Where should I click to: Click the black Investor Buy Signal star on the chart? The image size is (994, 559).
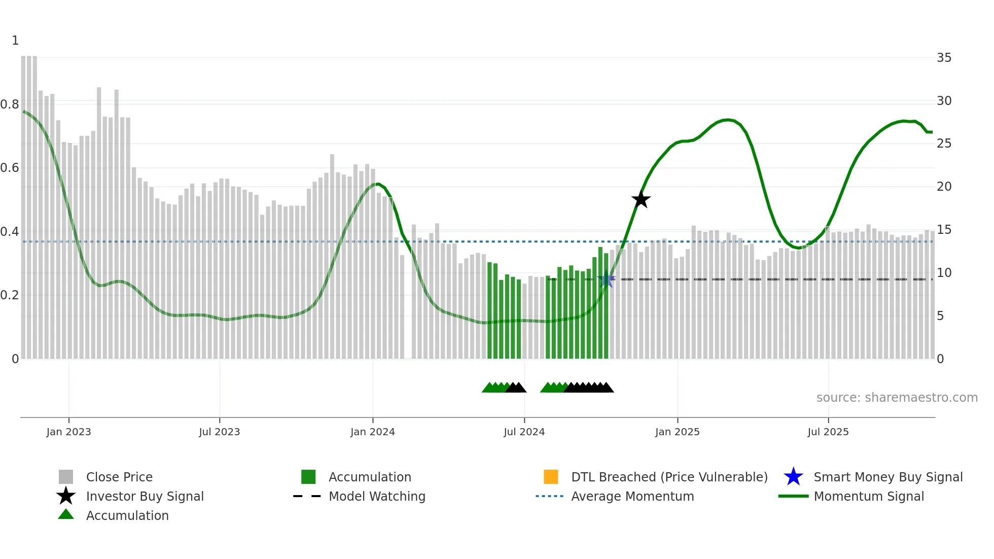641,199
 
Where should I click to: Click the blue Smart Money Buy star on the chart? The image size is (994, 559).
606,279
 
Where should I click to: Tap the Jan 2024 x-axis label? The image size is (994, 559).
372,432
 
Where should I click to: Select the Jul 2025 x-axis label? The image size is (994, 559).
828,432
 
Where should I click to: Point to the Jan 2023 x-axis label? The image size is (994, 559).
68,432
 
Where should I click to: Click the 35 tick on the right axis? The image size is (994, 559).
944,58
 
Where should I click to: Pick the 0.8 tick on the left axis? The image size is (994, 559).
10,104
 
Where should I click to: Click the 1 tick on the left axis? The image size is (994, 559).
15,41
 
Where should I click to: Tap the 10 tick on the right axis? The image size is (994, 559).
944,273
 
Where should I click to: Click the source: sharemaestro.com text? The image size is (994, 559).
897,397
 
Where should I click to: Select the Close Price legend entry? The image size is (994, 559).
119,477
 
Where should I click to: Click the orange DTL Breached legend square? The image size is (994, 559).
551,477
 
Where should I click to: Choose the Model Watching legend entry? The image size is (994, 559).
376,496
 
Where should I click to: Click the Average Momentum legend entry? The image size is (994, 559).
632,496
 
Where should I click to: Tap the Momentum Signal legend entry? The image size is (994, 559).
868,496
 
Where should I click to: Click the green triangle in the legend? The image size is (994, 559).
66,514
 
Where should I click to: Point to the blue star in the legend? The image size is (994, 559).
793,477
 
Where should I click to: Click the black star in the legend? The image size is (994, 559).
66,496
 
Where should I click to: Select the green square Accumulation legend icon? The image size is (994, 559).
308,477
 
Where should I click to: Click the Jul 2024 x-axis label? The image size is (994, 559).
524,432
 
